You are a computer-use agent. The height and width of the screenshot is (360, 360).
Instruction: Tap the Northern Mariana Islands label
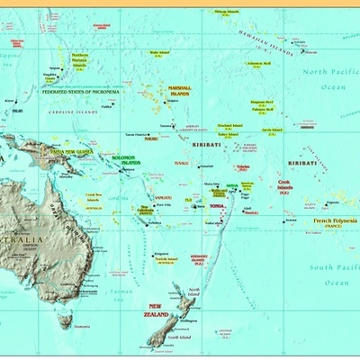coord(80,60)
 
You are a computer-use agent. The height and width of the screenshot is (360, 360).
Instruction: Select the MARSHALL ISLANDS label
coord(180,92)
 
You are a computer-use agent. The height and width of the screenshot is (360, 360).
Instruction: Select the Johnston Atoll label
coord(259,65)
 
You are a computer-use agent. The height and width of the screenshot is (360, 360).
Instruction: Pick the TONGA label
coord(217,206)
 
